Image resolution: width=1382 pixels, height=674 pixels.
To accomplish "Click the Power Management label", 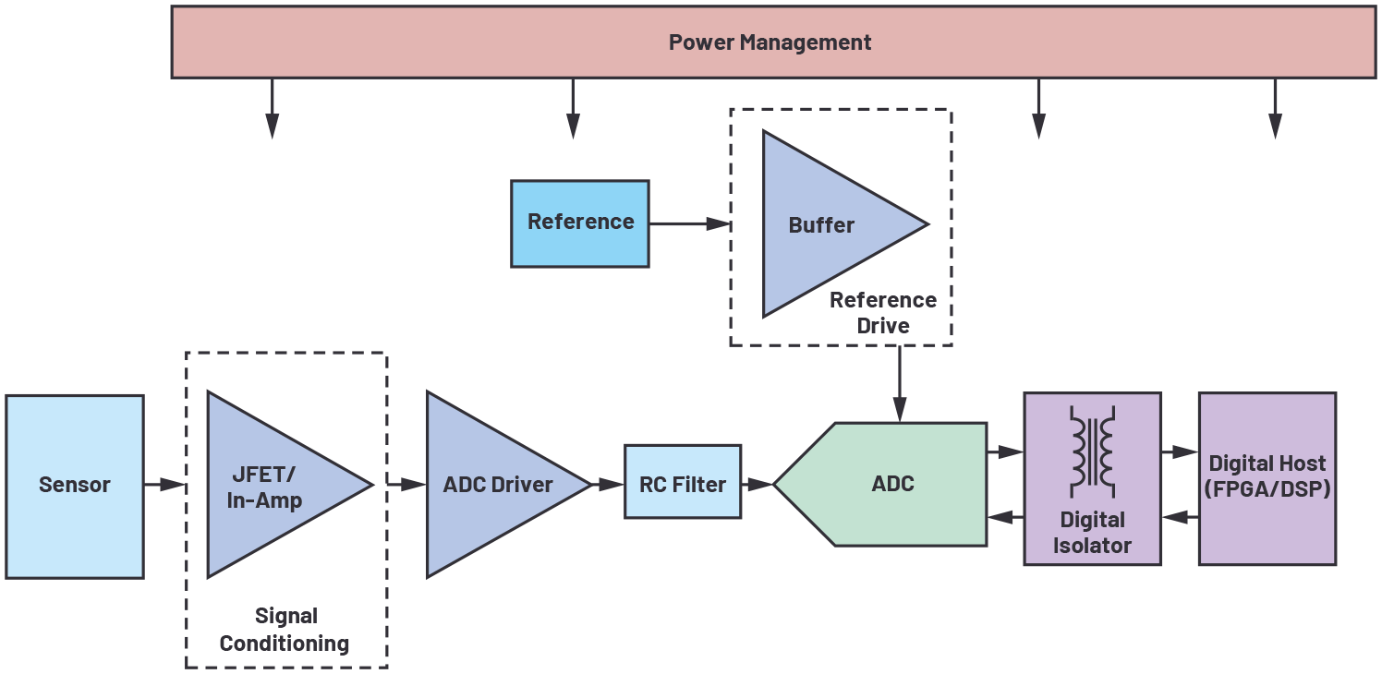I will point(770,42).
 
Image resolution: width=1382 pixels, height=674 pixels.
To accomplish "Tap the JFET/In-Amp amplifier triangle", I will point(268,486).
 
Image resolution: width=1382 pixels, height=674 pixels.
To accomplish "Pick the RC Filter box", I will point(683,482).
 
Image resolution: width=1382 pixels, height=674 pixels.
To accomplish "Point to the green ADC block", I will point(891,485).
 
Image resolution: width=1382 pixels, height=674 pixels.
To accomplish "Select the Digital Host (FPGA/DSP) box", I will point(1267,478).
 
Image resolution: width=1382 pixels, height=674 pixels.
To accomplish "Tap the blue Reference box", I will point(580,223).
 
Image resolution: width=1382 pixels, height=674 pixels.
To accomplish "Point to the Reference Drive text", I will point(882,313).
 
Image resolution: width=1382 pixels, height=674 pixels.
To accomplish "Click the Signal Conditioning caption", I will point(285,630).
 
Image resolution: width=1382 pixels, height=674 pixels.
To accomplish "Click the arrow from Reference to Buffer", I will point(689,223).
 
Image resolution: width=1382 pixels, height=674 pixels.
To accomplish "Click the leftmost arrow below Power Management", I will point(272,109).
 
